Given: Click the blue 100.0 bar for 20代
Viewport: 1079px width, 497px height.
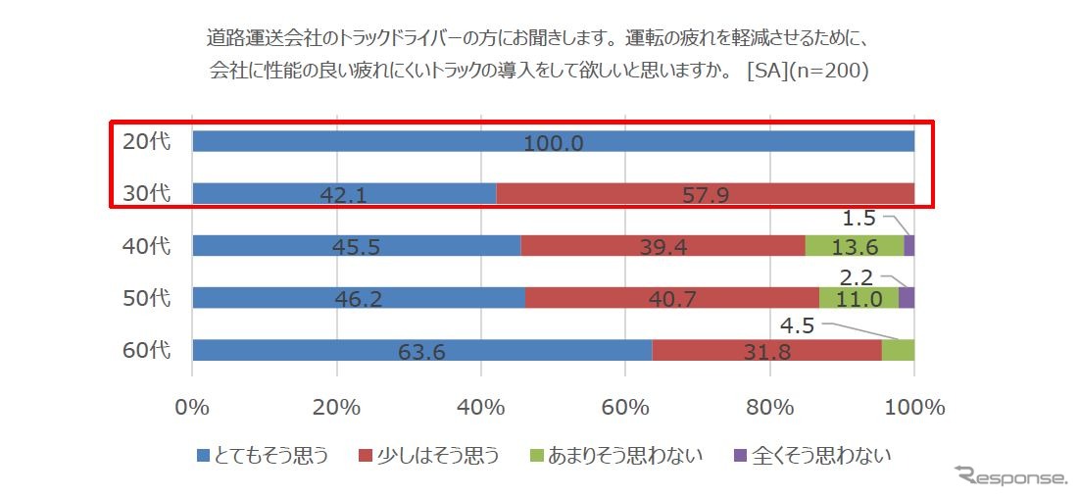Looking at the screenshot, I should (553, 141).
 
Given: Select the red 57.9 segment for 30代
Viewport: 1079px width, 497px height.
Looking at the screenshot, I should (705, 193).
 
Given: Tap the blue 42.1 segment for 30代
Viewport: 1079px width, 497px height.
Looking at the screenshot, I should (344, 193).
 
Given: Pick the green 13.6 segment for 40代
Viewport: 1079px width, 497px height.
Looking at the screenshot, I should (854, 246).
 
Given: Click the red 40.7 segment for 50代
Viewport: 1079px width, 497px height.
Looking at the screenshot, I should (671, 298).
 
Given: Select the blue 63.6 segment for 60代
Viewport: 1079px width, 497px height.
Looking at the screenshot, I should (421, 350).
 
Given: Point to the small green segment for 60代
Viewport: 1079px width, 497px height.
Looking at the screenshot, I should (898, 350).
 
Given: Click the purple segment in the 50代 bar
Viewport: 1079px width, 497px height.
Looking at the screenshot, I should (907, 298).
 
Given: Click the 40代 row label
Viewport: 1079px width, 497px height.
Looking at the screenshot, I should (146, 245).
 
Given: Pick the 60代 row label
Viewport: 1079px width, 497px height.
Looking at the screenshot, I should (146, 350).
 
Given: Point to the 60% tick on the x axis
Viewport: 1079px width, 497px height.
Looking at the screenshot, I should (625, 407).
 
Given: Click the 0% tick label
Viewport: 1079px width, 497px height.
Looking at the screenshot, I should (192, 407).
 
